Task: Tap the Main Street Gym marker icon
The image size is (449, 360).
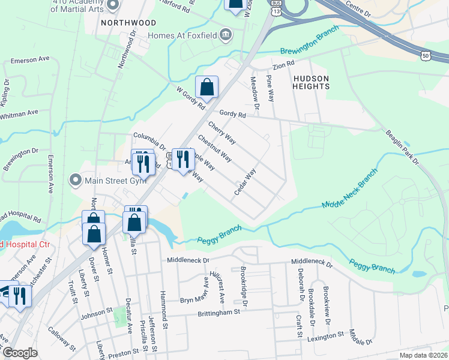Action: tap(75, 179)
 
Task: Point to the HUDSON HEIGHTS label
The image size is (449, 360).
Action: tap(311, 82)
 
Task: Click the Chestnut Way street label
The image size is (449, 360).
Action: tap(214, 148)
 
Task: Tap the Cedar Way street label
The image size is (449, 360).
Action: tap(245, 181)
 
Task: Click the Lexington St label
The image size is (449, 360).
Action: tap(325, 335)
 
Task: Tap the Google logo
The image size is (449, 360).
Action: tap(20, 353)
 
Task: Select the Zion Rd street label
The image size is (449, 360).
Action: tap(283, 63)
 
